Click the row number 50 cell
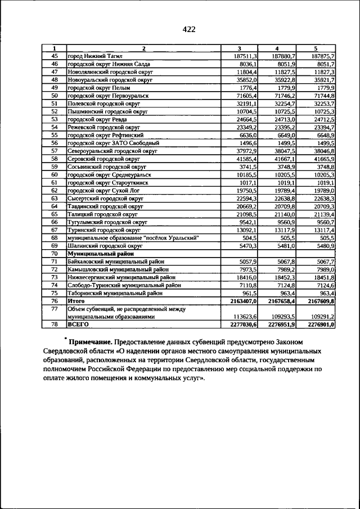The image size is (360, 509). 55,96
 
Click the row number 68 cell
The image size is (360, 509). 55,237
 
